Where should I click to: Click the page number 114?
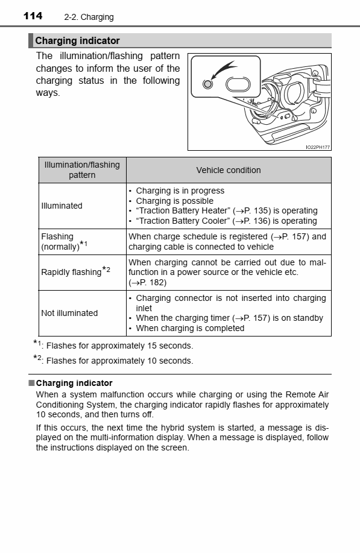point(33,16)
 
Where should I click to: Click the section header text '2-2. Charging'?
point(89,17)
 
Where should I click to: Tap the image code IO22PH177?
point(317,147)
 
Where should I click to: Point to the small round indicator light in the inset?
point(208,84)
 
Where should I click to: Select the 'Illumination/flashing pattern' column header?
point(82,169)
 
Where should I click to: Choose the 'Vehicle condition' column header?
point(229,170)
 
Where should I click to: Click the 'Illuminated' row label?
point(62,206)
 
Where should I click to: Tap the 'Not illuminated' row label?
point(69,313)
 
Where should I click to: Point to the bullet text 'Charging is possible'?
point(174,201)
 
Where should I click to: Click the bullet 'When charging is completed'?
point(190,328)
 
